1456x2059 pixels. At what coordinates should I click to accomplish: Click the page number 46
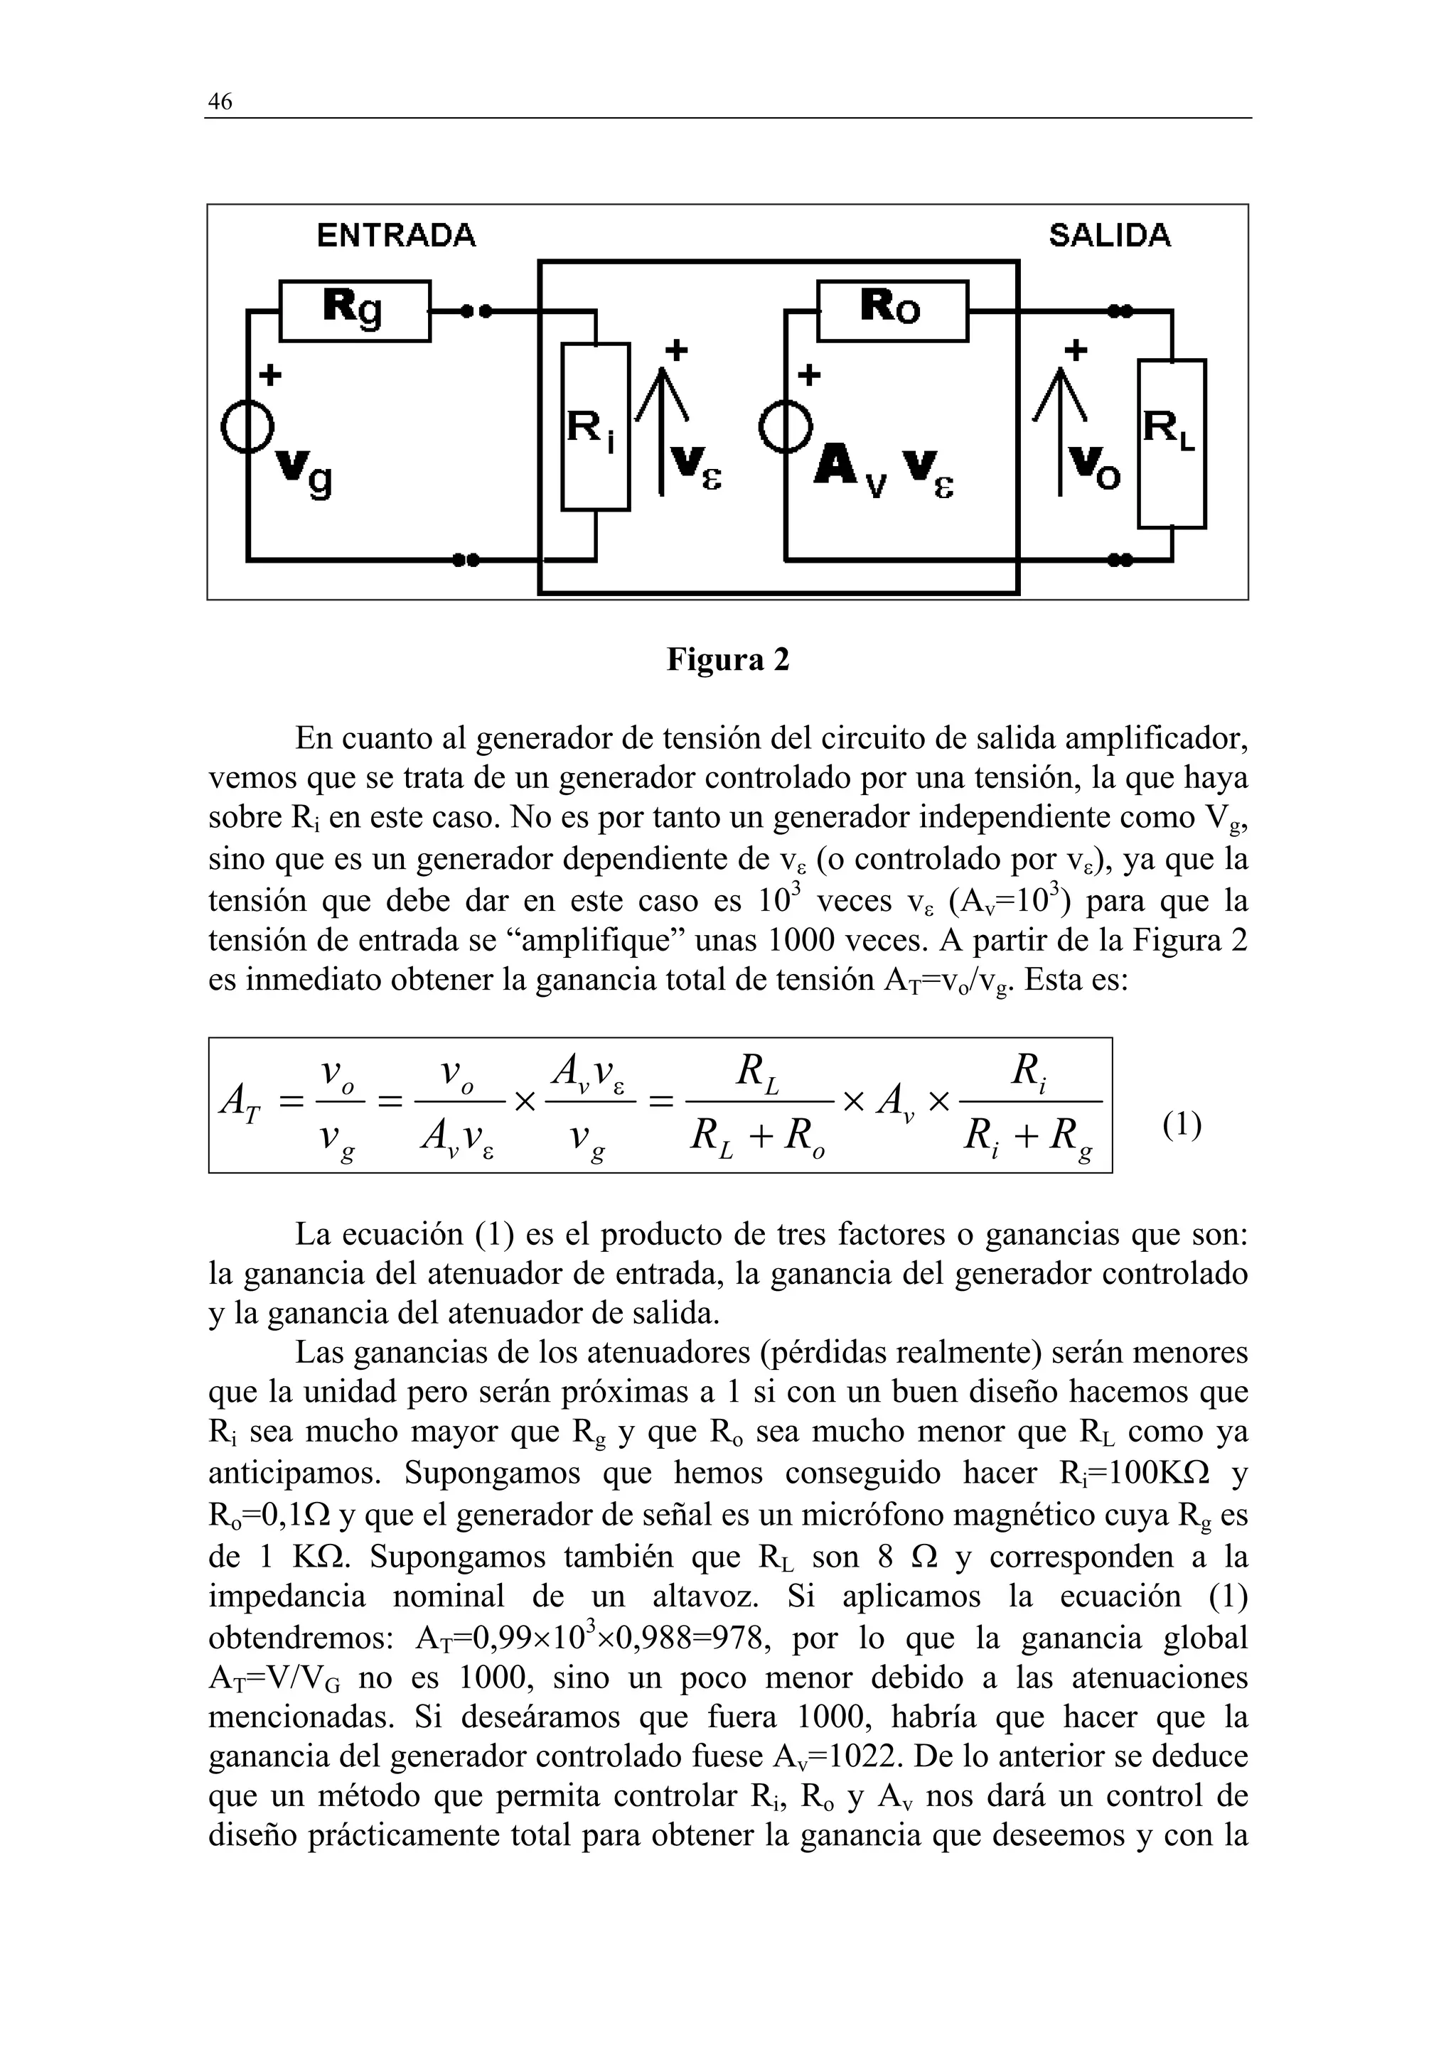coord(220,102)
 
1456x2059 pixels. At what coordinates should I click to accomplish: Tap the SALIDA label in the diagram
coord(1109,236)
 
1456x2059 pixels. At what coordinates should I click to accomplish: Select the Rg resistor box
coord(354,310)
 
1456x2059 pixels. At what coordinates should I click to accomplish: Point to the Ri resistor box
coord(595,427)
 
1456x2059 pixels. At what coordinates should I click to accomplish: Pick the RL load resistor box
coord(1171,444)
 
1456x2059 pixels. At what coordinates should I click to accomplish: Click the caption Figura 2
coord(727,660)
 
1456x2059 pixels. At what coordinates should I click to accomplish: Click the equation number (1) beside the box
coord(1182,1124)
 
